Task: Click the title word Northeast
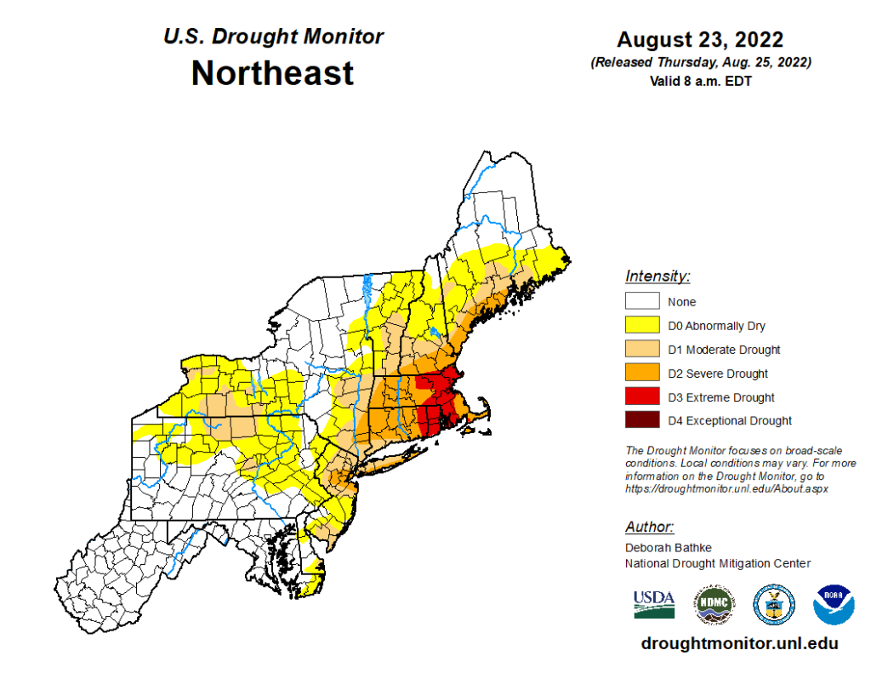[x=272, y=73]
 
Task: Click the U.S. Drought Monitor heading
[x=273, y=37]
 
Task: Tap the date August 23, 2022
[x=699, y=40]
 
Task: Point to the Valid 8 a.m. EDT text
[x=699, y=81]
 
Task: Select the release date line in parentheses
[x=699, y=63]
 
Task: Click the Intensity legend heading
[x=658, y=277]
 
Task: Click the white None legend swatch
[x=642, y=301]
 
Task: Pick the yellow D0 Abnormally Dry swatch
[x=642, y=325]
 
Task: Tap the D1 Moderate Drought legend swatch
[x=642, y=349]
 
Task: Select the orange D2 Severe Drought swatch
[x=642, y=373]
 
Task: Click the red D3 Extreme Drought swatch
[x=642, y=396]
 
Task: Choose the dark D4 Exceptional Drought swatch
[x=642, y=420]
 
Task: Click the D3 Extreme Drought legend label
[x=721, y=397]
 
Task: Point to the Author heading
[x=650, y=527]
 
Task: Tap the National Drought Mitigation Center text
[x=718, y=563]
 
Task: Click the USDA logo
[x=653, y=603]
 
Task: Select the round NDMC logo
[x=714, y=603]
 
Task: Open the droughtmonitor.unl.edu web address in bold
[x=739, y=643]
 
